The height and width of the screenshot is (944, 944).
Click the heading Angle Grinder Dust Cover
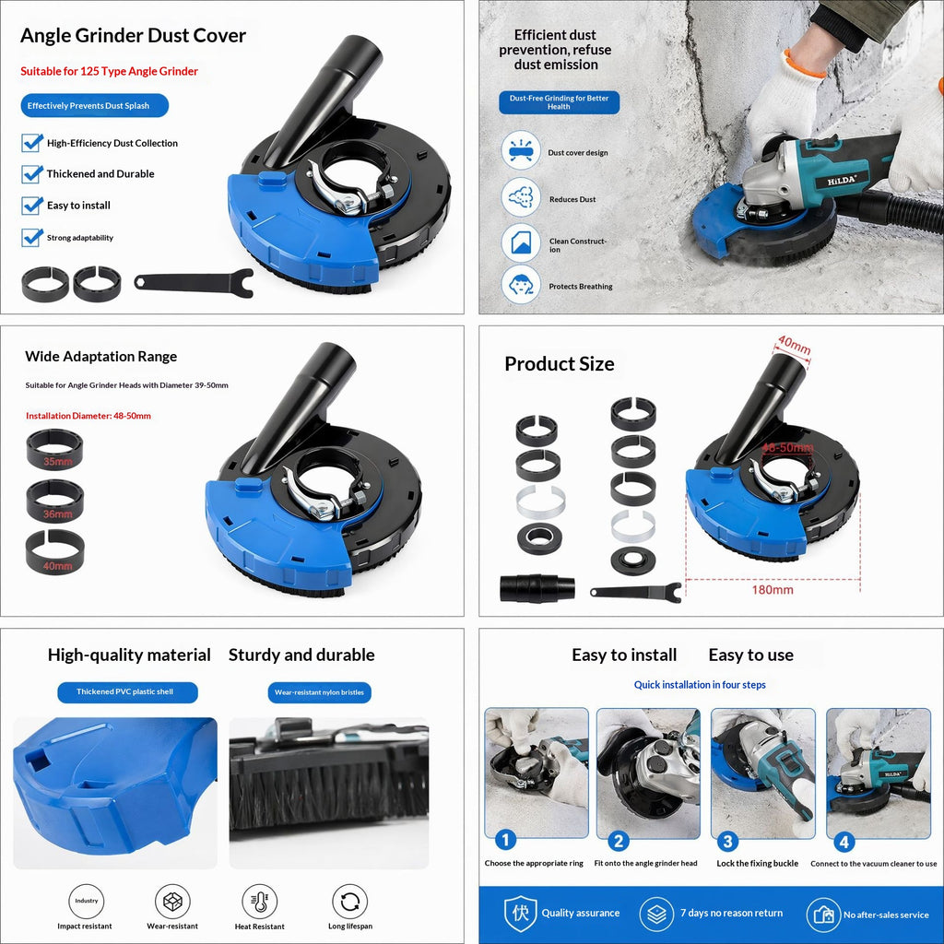pos(133,36)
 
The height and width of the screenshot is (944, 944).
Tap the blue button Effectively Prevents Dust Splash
pos(95,105)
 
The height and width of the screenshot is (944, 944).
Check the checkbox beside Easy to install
pos(32,206)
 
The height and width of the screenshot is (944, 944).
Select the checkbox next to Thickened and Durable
pos(32,174)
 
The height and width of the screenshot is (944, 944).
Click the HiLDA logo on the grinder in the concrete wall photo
pos(841,180)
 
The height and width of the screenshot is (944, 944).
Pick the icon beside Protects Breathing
pos(521,284)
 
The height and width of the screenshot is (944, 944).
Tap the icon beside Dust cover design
pos(521,150)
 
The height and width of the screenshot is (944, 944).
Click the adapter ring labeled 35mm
pos(54,449)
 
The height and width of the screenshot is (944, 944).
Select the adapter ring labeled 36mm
pos(54,501)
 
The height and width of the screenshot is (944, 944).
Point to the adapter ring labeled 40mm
pos(54,552)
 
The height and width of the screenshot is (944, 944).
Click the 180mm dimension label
pos(773,590)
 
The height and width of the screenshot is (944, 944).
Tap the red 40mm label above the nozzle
pos(794,346)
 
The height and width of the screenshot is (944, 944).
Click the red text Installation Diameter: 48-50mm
pos(88,416)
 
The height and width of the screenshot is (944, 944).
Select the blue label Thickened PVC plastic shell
pos(127,692)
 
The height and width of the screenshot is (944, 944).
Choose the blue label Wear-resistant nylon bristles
pos(319,693)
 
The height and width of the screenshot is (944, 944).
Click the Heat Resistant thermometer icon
pos(259,902)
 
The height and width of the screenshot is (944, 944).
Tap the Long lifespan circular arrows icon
pos(349,902)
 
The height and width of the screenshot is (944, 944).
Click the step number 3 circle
pos(728,841)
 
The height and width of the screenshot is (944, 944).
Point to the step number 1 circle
pos(506,840)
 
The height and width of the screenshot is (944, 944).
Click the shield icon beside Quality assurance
pos(520,914)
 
